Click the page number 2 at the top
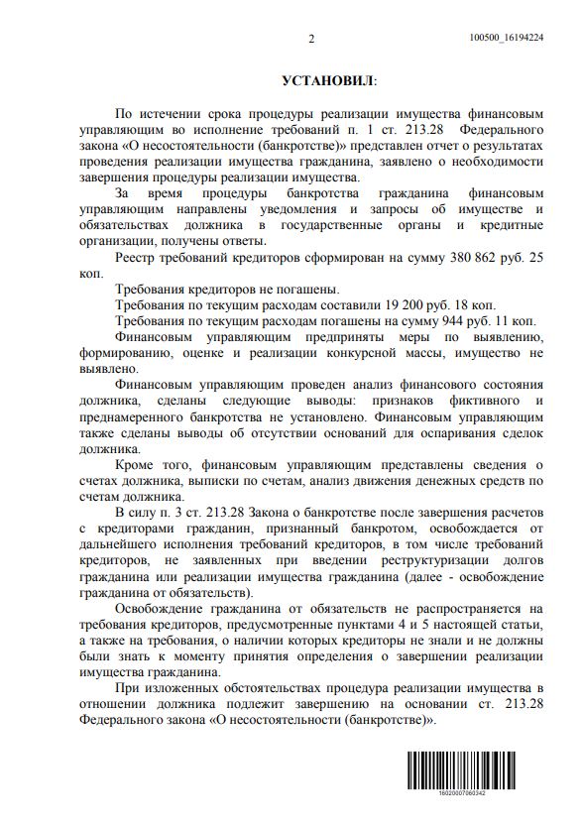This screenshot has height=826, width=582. [310, 39]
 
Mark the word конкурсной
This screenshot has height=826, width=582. [370, 352]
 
